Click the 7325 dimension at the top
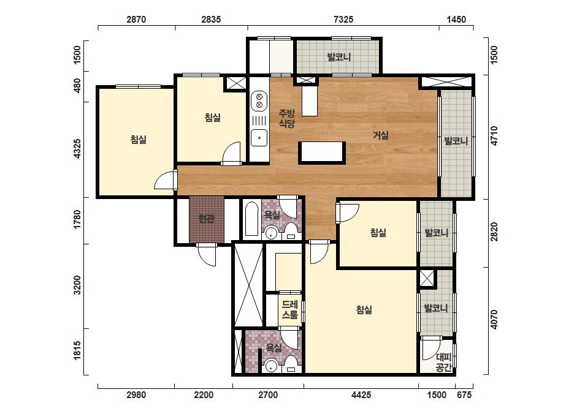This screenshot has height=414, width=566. click(343, 19)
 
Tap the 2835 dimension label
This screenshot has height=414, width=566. click(211, 19)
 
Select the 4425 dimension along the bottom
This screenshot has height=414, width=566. click(361, 395)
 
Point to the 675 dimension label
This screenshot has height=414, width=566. click(464, 395)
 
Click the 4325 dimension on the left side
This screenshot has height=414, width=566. click(77, 149)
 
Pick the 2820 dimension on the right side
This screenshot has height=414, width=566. click(494, 232)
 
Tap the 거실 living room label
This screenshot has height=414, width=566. click(381, 135)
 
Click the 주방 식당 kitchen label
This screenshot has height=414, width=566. click(287, 119)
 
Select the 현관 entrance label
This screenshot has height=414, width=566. click(207, 219)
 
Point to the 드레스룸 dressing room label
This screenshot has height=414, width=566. click(290, 310)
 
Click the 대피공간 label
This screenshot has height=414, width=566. click(443, 363)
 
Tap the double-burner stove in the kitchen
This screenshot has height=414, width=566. click(259, 100)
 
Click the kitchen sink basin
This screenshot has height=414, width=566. click(259, 138)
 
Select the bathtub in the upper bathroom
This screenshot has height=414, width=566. click(251, 219)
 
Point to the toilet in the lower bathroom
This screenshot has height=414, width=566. click(291, 364)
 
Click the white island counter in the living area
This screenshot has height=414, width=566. click(321, 152)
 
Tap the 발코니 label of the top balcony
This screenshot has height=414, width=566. click(339, 57)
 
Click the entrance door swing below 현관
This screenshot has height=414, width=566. click(207, 255)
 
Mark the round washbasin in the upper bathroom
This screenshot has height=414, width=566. click(271, 233)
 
